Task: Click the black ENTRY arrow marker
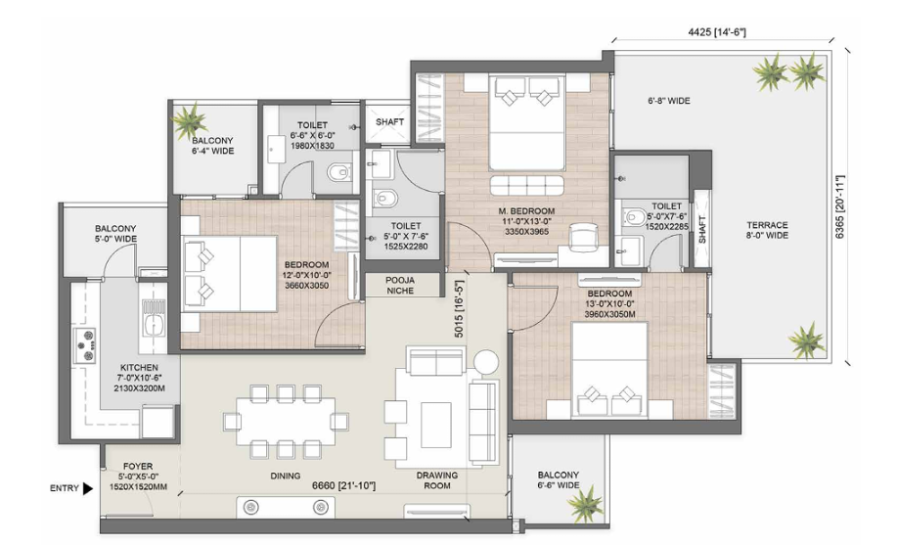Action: [87, 488]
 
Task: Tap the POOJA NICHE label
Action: [400, 286]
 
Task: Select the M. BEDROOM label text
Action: [526, 210]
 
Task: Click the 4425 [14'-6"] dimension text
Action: [717, 32]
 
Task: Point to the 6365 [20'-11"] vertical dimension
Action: [840, 206]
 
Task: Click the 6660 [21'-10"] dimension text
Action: [343, 486]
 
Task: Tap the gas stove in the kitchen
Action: [83, 345]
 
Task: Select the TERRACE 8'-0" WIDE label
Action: [767, 230]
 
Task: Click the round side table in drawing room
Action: [486, 361]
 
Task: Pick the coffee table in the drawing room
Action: [436, 425]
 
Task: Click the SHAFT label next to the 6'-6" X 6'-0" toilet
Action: [389, 121]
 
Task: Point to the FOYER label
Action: [138, 466]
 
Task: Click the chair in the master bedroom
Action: [582, 237]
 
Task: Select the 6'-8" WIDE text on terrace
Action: [669, 101]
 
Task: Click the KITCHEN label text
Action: [139, 368]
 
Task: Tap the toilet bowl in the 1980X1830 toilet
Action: [339, 171]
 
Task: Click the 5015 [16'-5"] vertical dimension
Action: [460, 308]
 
